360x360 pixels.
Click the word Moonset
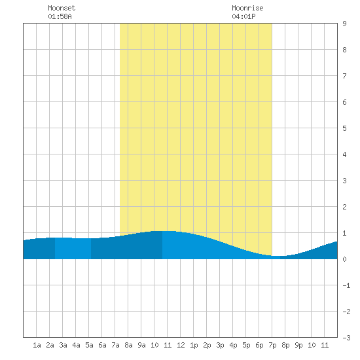62,8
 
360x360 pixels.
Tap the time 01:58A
60,16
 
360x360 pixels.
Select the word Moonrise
247,8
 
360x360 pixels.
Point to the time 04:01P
243,16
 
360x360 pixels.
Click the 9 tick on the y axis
344,24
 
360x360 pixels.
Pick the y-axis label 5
344,128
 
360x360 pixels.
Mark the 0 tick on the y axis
344,259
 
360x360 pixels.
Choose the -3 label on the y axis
346,338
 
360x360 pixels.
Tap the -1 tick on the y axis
346,285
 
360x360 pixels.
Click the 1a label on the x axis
37,345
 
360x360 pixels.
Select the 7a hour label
115,345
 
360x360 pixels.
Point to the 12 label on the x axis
181,345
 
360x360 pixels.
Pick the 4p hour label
233,345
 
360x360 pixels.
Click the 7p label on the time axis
272,345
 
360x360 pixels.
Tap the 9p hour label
298,345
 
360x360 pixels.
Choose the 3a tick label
63,345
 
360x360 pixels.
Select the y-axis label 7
344,76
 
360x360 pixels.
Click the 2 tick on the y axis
344,207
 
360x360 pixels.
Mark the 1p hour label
194,345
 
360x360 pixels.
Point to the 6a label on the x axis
102,345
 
